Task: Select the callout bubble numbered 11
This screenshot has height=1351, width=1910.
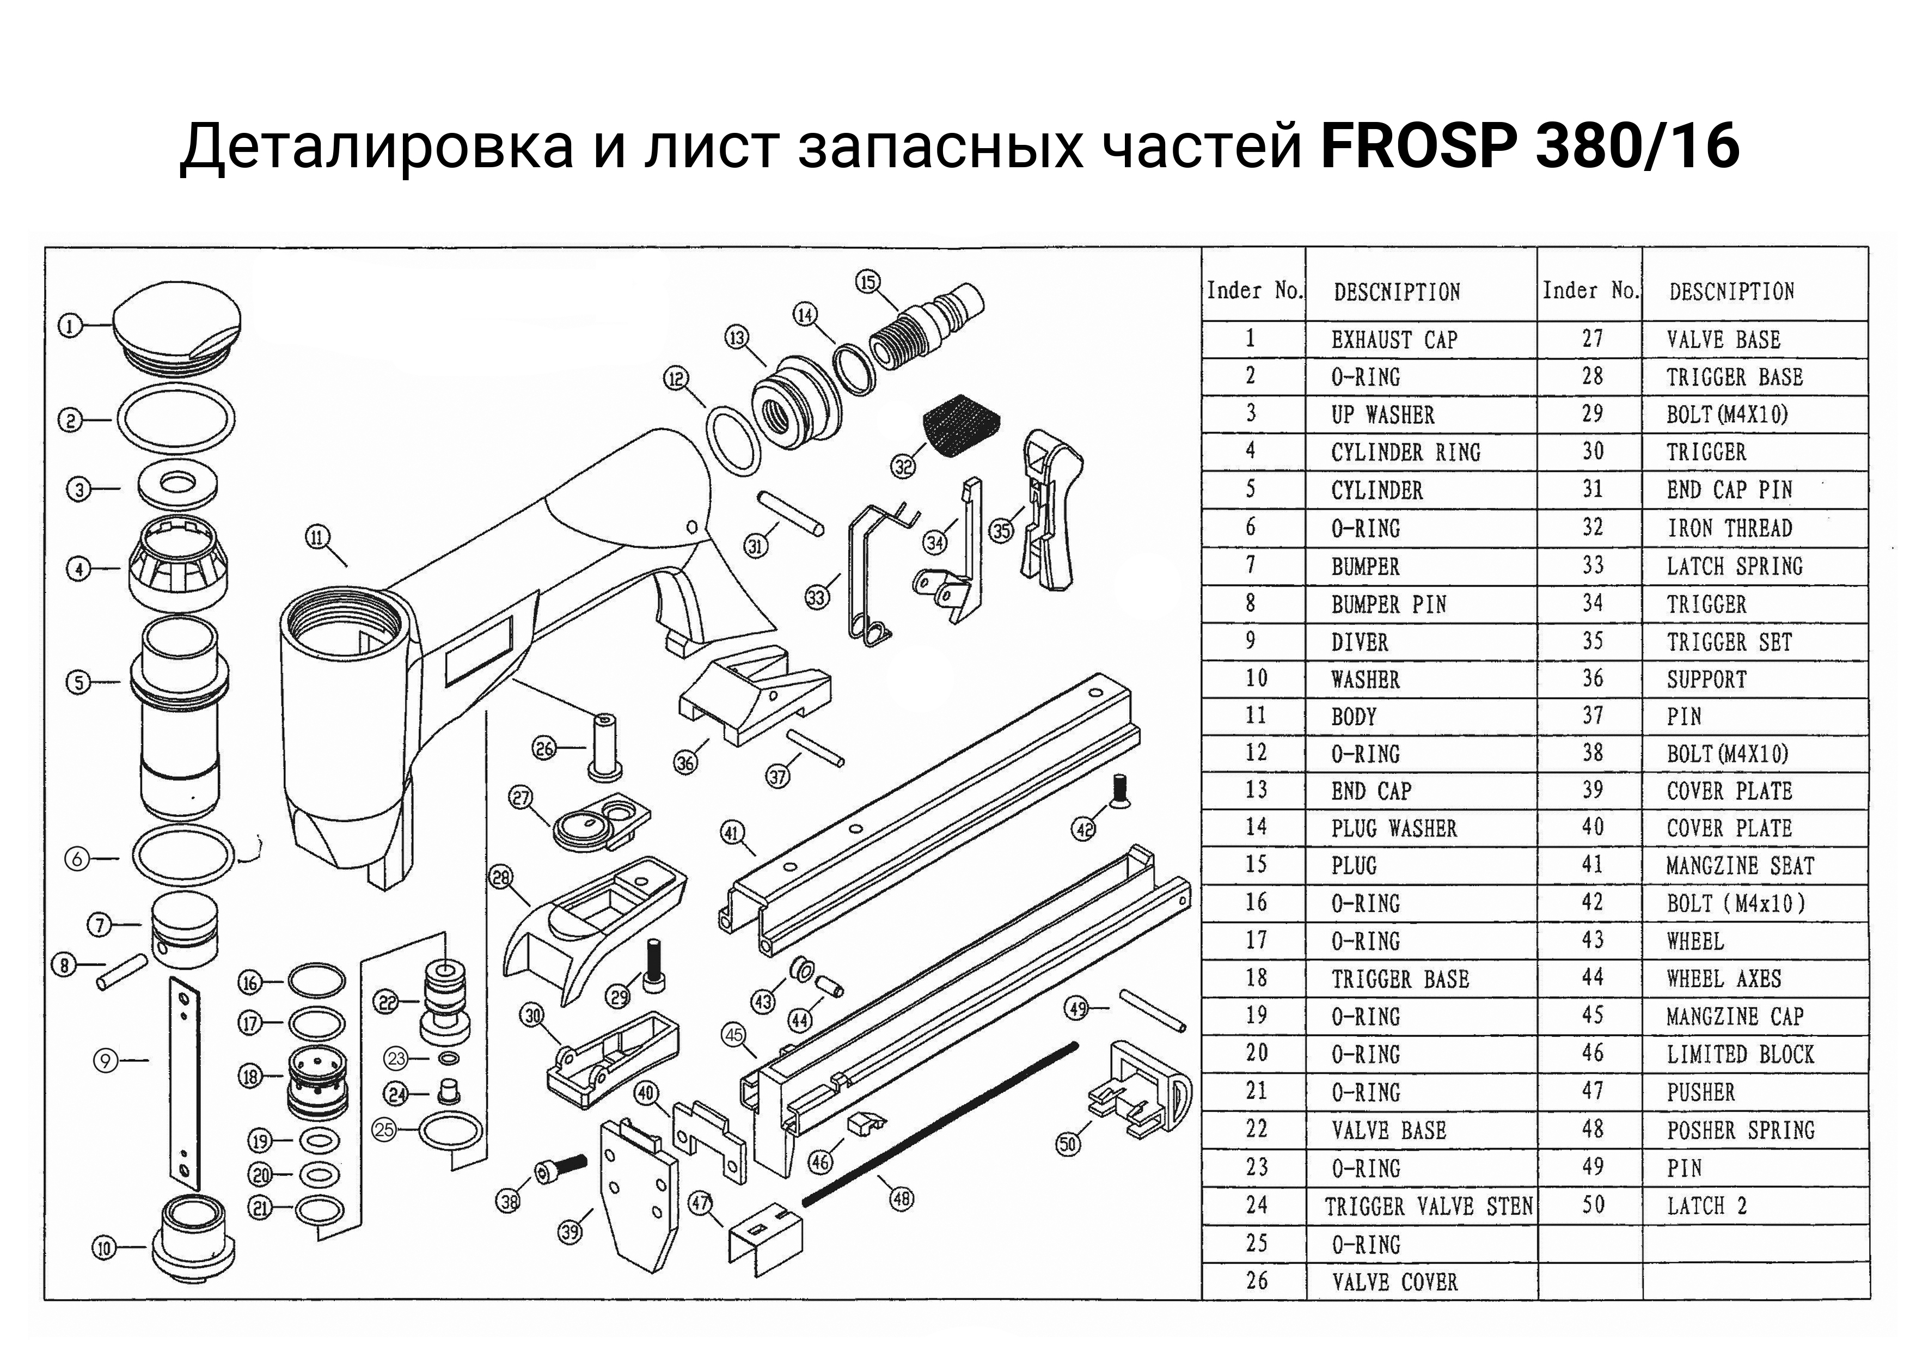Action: point(319,537)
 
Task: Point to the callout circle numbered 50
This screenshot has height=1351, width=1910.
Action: point(1069,1145)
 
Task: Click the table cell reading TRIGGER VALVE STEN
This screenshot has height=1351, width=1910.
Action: point(1428,1206)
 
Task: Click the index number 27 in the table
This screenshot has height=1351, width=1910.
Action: point(1592,339)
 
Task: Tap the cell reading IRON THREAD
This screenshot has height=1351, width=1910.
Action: point(1729,528)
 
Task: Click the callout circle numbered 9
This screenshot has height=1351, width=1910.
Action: point(106,1061)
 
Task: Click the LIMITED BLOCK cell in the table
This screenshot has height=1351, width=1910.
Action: point(1740,1055)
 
